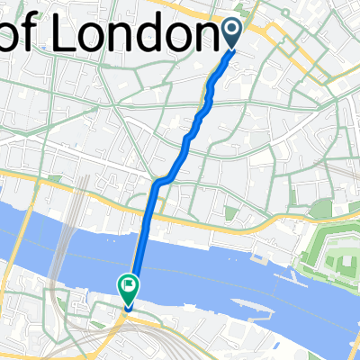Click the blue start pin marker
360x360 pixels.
[231, 32]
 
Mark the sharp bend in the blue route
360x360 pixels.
[157, 183]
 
